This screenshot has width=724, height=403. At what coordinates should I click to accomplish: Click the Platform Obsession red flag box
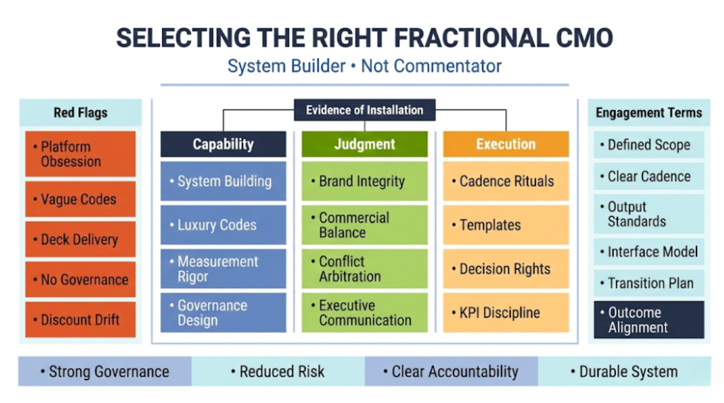[x=80, y=154]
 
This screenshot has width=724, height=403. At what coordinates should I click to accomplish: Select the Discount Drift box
[x=80, y=320]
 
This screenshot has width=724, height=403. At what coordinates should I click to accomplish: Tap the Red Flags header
[x=80, y=113]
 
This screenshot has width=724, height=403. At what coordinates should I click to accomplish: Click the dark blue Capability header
[x=223, y=144]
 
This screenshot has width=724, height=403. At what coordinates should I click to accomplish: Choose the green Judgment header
[x=364, y=144]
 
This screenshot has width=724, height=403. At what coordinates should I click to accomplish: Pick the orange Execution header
[x=506, y=144]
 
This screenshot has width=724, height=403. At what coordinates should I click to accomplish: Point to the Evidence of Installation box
[x=364, y=110]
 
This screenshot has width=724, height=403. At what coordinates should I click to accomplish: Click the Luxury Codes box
[x=223, y=225]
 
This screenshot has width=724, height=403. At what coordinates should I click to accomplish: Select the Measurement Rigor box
[x=223, y=269]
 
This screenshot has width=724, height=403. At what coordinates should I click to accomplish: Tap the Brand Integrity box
[x=364, y=181]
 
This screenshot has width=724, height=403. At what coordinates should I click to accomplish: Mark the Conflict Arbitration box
[x=364, y=269]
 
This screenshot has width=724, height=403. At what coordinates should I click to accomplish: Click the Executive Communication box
[x=364, y=313]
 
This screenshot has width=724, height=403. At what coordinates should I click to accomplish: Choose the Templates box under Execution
[x=506, y=225]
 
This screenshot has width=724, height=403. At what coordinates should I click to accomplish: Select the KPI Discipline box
[x=506, y=313]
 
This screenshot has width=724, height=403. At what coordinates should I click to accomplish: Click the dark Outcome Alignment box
[x=648, y=320]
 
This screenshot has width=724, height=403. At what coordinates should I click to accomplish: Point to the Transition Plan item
[x=648, y=283]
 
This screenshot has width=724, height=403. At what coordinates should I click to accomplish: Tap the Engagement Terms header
[x=648, y=113]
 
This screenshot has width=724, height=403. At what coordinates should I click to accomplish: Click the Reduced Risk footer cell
[x=278, y=371]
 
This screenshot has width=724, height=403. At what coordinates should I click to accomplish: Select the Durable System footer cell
[x=624, y=371]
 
